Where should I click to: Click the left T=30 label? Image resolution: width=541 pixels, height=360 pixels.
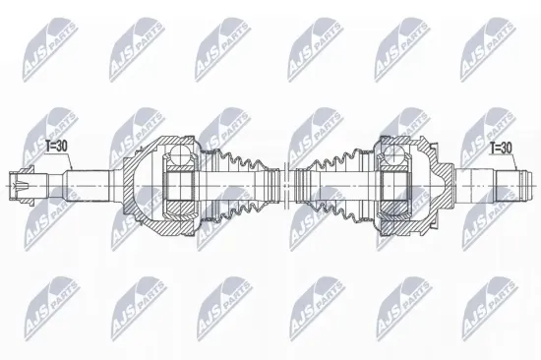[x=57, y=147]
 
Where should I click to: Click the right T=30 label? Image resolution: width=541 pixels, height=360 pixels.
[x=501, y=149]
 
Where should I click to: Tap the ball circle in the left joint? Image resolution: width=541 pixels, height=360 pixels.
[x=180, y=153]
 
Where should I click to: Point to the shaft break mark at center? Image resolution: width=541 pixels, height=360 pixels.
[x=285, y=186]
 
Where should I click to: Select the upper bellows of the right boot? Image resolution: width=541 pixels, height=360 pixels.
[x=334, y=160]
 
